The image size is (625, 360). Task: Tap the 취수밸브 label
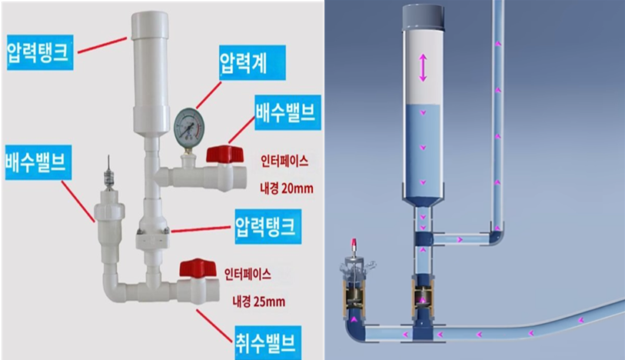pyautogui.click(x=265, y=338)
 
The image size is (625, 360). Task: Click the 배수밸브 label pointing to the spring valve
pyautogui.click(x=37, y=162)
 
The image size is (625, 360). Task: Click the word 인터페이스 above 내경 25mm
pyautogui.click(x=248, y=273)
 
